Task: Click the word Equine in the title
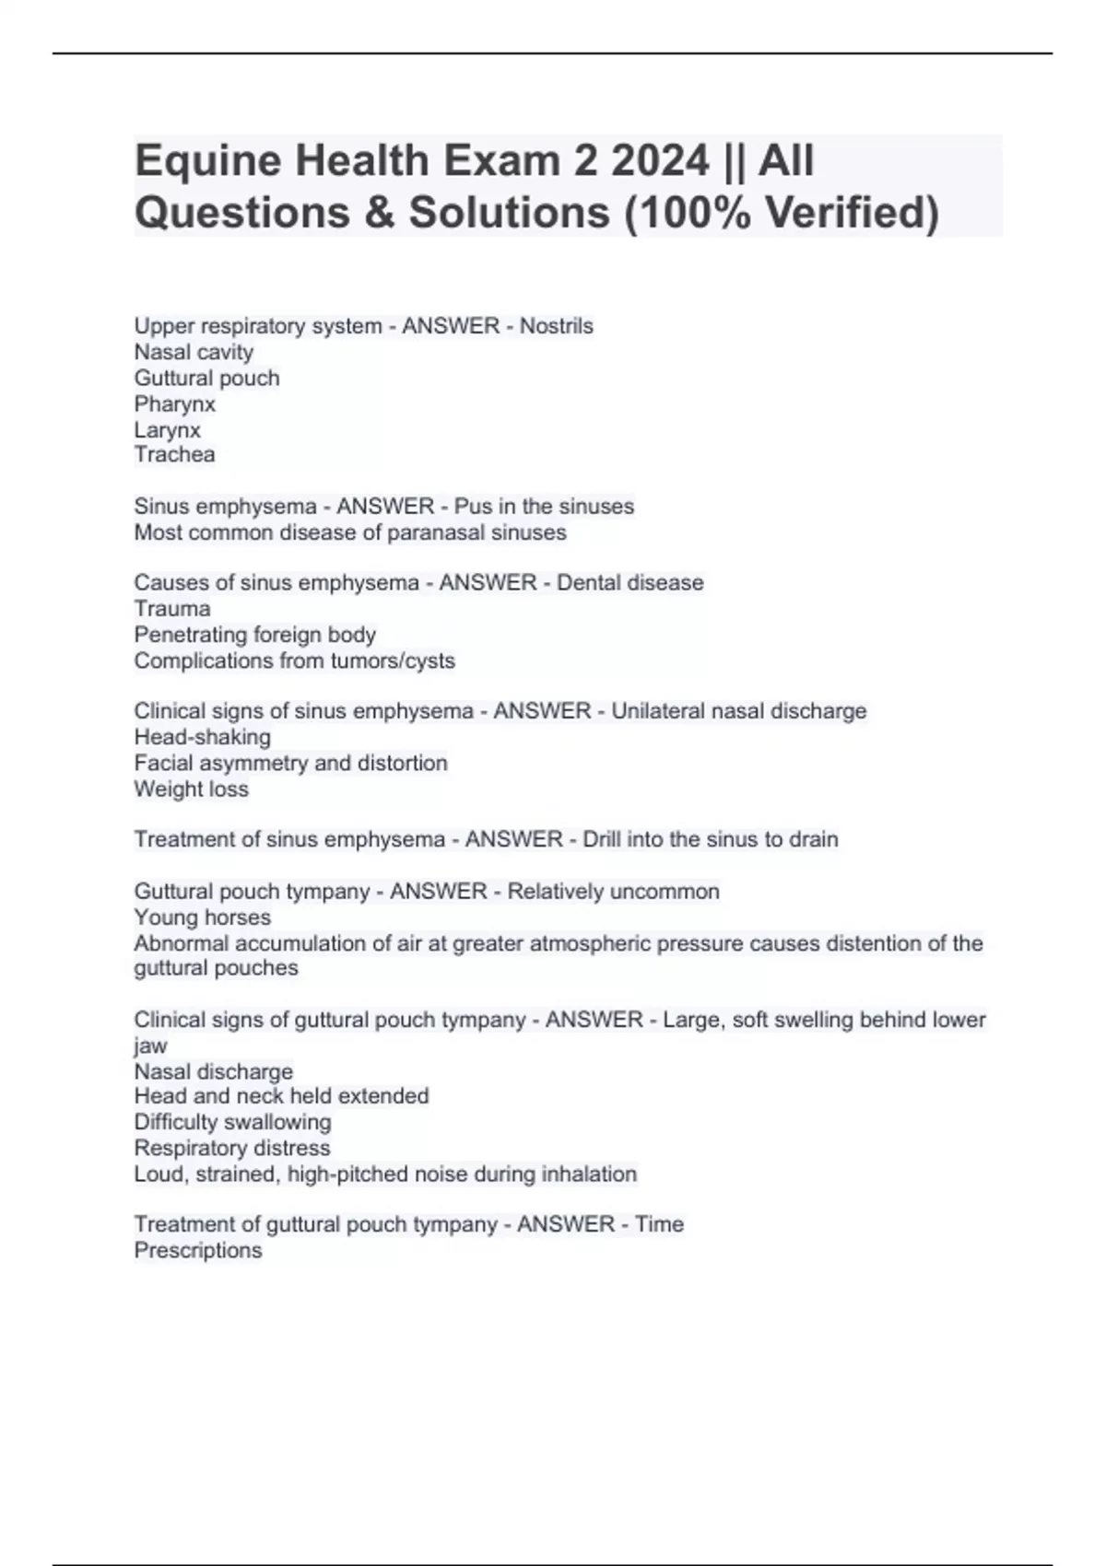(x=207, y=161)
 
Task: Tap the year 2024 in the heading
(x=659, y=161)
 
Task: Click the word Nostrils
(x=557, y=326)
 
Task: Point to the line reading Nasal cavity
(x=194, y=352)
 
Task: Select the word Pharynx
(x=175, y=404)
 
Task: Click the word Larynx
(x=168, y=430)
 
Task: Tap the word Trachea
(x=175, y=454)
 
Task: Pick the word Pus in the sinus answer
(x=473, y=507)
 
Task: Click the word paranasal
(x=448, y=532)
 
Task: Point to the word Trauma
(x=172, y=609)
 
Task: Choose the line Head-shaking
(x=203, y=737)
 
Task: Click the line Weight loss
(x=192, y=789)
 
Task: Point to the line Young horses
(x=203, y=917)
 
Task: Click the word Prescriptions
(x=198, y=1250)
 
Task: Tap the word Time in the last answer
(x=659, y=1224)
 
